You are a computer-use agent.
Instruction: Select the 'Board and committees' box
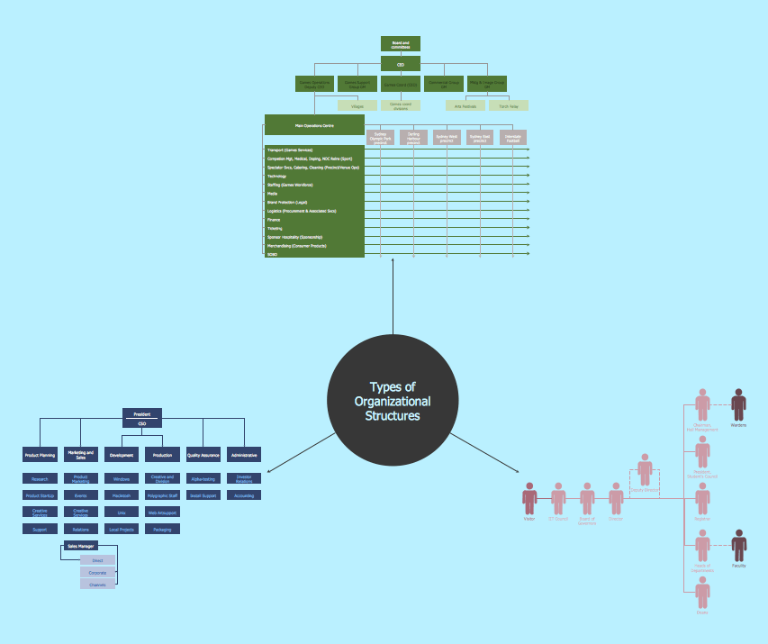coord(401,43)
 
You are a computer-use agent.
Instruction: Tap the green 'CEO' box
coord(401,64)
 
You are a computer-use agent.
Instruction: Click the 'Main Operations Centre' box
coord(314,125)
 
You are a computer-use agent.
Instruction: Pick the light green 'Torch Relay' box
coord(509,105)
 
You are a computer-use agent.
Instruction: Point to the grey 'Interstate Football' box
coord(513,138)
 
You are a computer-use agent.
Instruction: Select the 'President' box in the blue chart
coord(141,414)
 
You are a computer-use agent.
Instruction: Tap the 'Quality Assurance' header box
coord(203,455)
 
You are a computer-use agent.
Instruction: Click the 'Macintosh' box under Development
coord(121,495)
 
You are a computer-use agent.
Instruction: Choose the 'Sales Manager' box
coord(81,546)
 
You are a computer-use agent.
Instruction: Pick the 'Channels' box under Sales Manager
coord(97,585)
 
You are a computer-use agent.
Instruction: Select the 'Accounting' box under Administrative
coord(244,495)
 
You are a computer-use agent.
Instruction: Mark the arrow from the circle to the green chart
coord(393,297)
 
